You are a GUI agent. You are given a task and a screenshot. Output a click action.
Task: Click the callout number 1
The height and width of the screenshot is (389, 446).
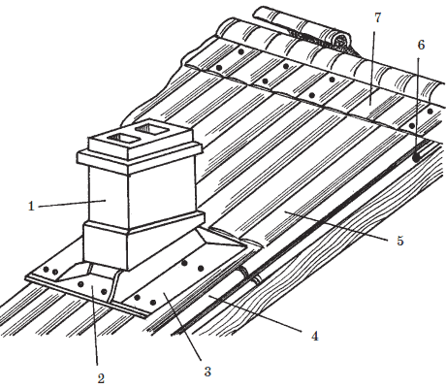pyautogui.click(x=31, y=206)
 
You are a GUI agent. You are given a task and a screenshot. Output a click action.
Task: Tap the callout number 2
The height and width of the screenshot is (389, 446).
pyautogui.click(x=101, y=378)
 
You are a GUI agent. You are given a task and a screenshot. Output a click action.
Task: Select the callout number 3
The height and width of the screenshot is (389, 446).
pyautogui.click(x=207, y=372)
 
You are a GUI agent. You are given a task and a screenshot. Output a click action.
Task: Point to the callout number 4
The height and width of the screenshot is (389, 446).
pyautogui.click(x=315, y=336)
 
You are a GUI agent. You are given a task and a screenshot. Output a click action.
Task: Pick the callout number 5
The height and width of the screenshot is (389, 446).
pyautogui.click(x=400, y=241)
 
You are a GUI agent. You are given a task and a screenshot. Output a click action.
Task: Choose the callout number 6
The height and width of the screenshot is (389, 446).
pyautogui.click(x=421, y=45)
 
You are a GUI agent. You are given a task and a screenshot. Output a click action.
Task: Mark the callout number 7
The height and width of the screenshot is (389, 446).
pyautogui.click(x=378, y=17)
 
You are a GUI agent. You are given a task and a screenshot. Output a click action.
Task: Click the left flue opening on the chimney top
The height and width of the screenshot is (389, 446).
pyautogui.click(x=122, y=139)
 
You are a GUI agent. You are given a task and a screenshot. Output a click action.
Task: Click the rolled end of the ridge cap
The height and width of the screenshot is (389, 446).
pyautogui.click(x=341, y=41)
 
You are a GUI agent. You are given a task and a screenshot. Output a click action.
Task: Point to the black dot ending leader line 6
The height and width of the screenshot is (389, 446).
pyautogui.click(x=416, y=158)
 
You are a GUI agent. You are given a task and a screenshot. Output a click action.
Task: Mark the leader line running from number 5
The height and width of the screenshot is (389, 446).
pyautogui.click(x=336, y=226)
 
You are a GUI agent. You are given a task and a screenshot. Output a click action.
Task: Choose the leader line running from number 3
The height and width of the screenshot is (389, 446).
pyautogui.click(x=183, y=326)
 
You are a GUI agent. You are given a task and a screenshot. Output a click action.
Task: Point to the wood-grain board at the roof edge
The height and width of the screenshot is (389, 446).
pyautogui.click(x=323, y=243)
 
